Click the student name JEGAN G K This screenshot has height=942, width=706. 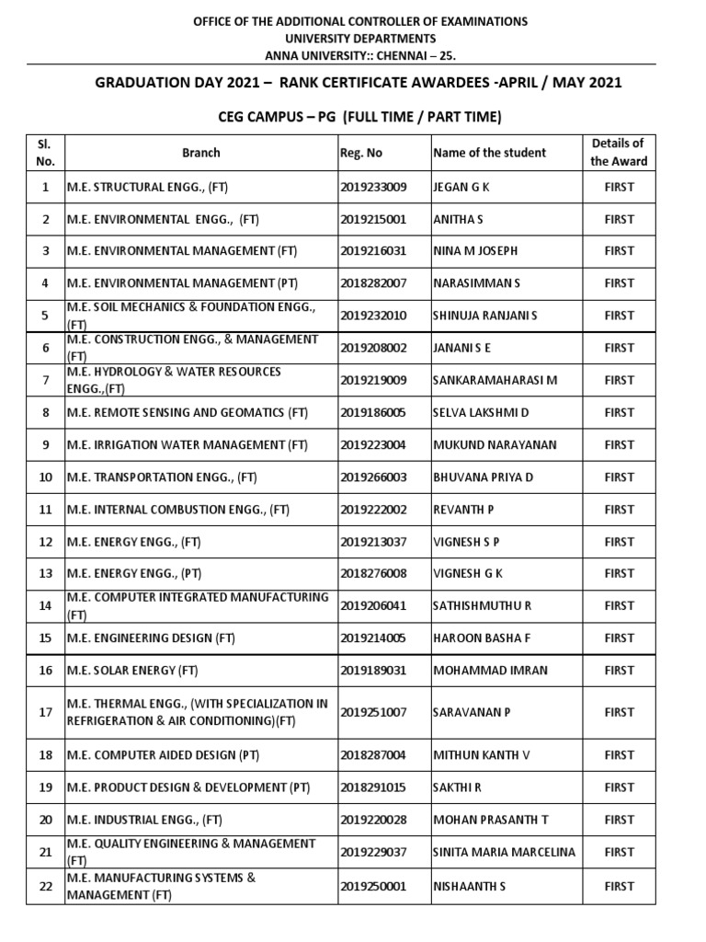tap(461, 187)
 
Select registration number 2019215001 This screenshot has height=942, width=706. tap(373, 219)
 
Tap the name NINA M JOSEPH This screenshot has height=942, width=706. tap(475, 251)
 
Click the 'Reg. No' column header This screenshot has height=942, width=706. tap(361, 153)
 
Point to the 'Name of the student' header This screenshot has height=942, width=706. tap(489, 153)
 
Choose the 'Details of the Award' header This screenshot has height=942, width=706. tap(619, 152)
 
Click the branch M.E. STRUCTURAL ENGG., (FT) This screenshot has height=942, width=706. tap(147, 187)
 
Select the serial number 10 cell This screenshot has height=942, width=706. tap(45, 477)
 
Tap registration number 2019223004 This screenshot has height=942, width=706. tap(373, 445)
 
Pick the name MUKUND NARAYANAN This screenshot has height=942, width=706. tap(495, 445)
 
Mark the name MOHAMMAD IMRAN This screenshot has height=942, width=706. tap(490, 670)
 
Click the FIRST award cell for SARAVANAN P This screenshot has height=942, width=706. tap(619, 712)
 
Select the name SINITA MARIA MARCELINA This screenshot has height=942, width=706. tap(505, 852)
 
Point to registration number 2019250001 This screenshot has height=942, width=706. tap(373, 886)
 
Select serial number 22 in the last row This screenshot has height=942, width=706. tap(45, 886)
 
